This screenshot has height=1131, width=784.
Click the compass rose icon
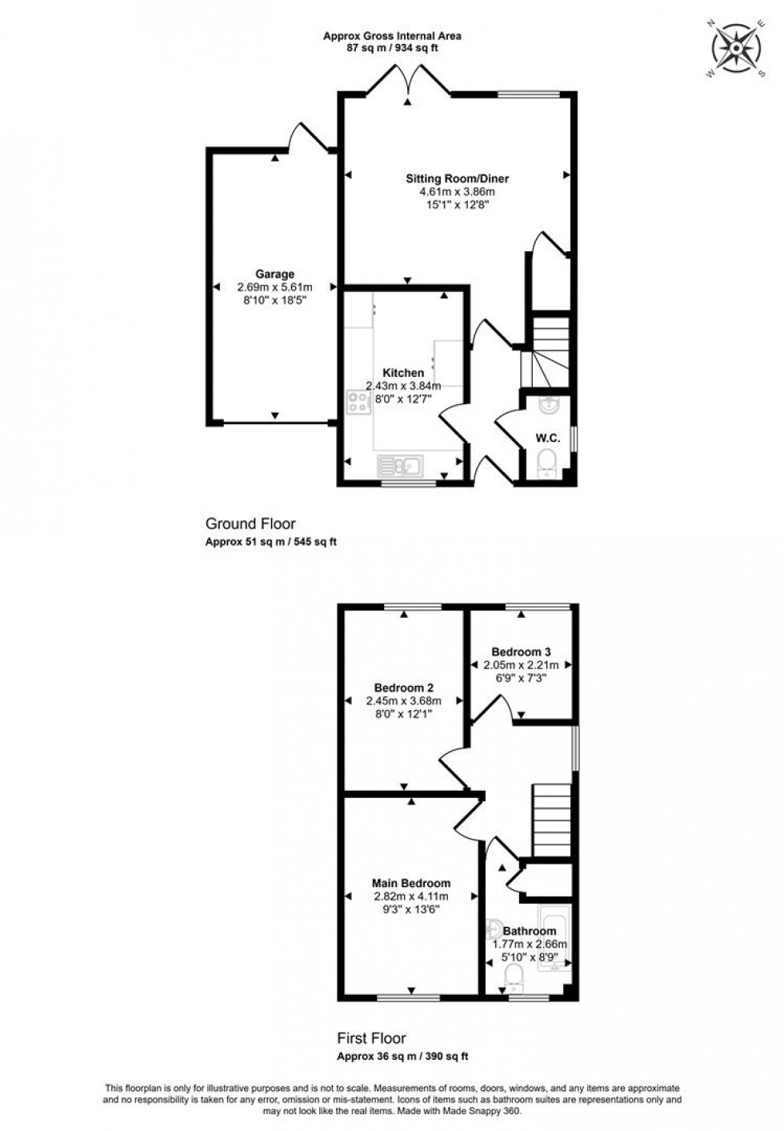[736, 49]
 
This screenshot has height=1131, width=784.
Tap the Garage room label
[274, 275]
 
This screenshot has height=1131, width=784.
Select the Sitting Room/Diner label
[457, 178]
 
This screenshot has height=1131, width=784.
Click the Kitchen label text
[403, 373]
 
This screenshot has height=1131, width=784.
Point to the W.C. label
[547, 438]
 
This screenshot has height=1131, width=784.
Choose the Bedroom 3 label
[521, 652]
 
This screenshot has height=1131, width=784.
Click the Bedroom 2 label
[403, 688]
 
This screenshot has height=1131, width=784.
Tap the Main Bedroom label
[411, 883]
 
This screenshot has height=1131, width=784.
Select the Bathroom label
[529, 931]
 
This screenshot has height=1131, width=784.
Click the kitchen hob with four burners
[358, 403]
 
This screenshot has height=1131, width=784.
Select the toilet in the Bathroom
[514, 976]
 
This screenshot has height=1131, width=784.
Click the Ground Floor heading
[250, 524]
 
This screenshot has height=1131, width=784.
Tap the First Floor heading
[371, 1038]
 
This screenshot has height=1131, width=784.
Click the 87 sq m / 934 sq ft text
[392, 48]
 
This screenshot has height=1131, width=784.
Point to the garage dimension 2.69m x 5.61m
[274, 287]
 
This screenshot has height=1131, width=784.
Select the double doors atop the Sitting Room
[407, 83]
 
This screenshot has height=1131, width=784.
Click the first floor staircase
[552, 820]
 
